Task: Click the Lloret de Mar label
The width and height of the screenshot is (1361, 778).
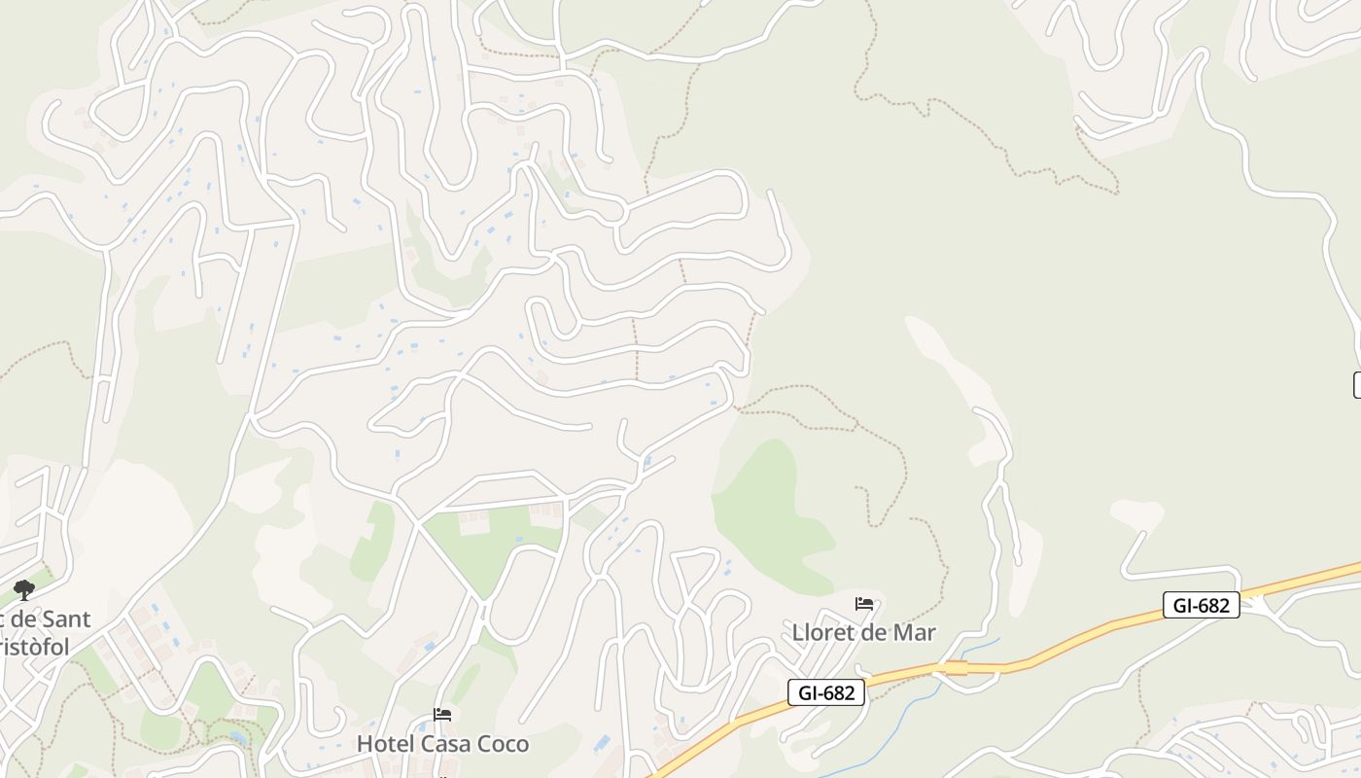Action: tap(863, 632)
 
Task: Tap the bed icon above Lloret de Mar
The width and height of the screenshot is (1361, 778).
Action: tap(863, 604)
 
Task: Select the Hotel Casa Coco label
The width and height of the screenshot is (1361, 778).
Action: tap(442, 744)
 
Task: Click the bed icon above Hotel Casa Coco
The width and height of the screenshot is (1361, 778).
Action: tap(442, 715)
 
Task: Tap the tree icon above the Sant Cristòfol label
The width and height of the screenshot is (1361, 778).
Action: tap(24, 589)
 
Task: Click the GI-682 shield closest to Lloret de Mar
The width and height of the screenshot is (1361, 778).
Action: tap(825, 692)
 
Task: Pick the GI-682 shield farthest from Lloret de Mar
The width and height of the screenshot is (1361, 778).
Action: tap(1201, 605)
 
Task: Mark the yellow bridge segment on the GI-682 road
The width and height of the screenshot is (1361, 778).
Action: tap(957, 668)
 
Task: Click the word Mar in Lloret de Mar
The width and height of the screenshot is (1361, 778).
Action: tap(914, 632)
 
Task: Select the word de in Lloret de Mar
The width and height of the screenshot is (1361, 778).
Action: tap(876, 632)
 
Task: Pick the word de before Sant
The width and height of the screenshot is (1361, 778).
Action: tap(23, 619)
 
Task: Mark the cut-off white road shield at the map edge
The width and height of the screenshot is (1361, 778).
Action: tap(1357, 385)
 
